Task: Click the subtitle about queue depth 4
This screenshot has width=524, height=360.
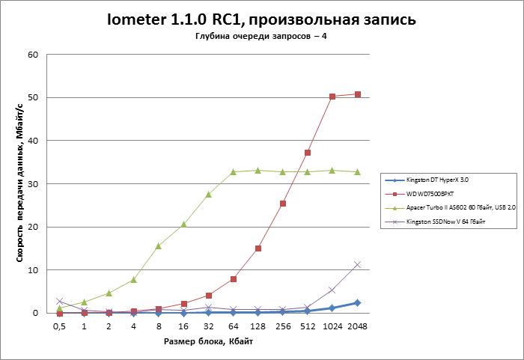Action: coord(261,37)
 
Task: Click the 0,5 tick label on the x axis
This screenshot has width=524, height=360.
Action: coord(60,326)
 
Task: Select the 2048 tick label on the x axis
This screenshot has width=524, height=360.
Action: coord(358,326)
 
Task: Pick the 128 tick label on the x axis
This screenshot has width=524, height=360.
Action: coord(258,326)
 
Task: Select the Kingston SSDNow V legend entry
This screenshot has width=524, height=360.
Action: coord(443,222)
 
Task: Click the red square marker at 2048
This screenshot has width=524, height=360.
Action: coord(357,94)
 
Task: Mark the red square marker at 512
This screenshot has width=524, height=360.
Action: coord(308,153)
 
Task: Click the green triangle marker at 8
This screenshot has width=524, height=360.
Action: coord(159,245)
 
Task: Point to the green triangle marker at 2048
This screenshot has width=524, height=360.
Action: coord(357,171)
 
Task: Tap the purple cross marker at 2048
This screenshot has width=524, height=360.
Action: coord(357,264)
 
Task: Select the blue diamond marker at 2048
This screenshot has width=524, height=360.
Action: coord(357,302)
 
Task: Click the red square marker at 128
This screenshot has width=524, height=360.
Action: coord(258,248)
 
